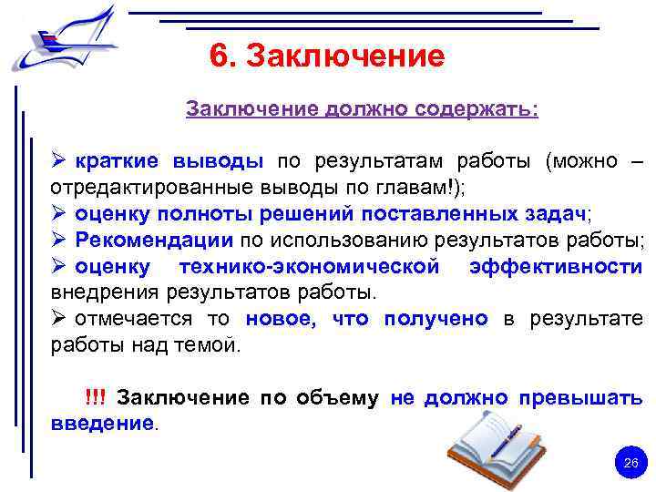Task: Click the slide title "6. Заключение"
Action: point(327,56)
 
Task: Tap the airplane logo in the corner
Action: point(64,38)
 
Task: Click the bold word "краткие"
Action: point(116,162)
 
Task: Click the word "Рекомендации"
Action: point(155,241)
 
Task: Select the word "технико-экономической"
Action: point(310,267)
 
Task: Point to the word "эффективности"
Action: point(556,267)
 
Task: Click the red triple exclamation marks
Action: point(95,398)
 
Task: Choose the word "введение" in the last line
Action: point(101,424)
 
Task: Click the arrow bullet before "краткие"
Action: point(60,162)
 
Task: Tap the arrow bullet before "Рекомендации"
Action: point(60,241)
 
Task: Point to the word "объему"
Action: point(332,398)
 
